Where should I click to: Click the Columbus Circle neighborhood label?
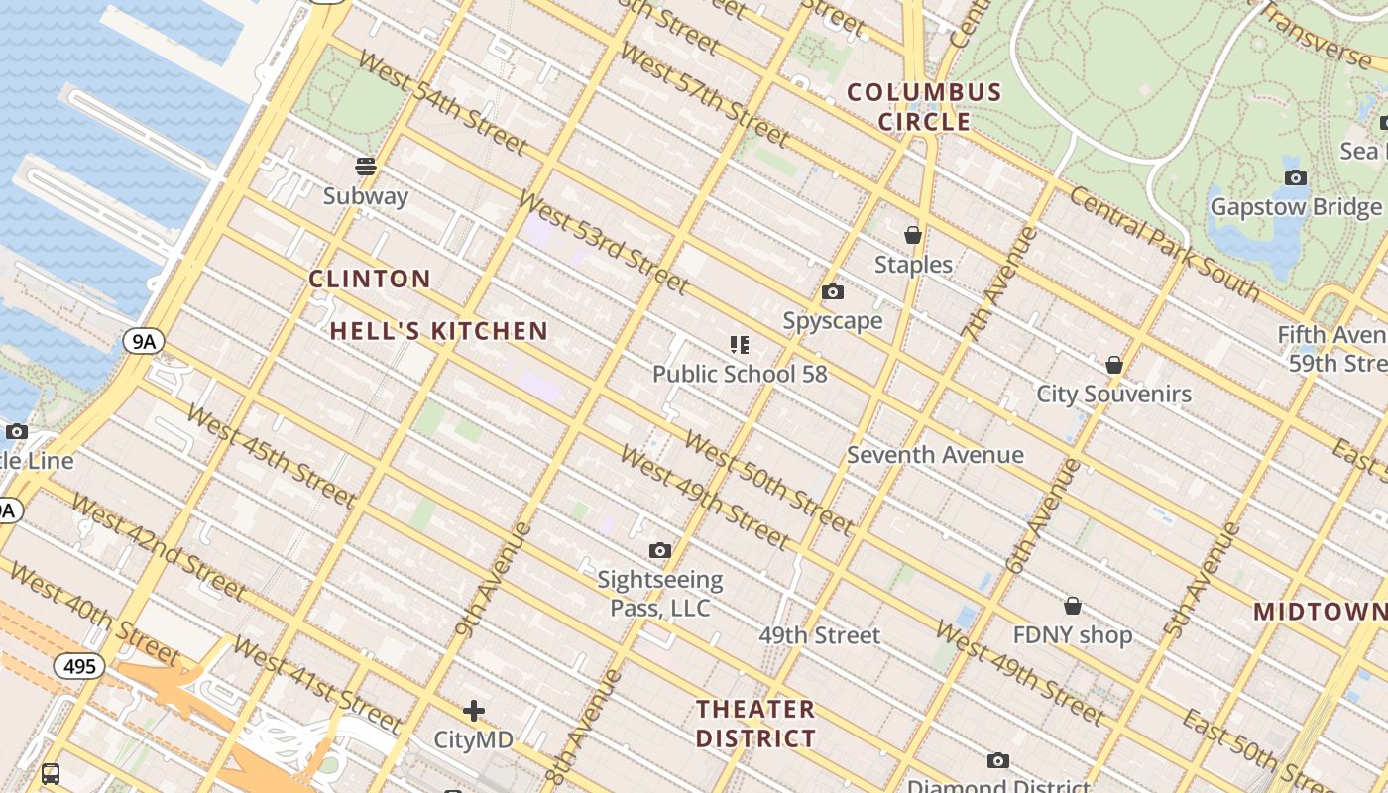(x=924, y=107)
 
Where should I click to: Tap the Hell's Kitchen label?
(x=438, y=331)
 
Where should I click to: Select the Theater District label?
(x=755, y=724)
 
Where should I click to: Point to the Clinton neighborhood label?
(x=370, y=279)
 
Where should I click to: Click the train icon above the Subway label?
(x=366, y=166)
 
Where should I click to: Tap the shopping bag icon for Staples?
(x=913, y=235)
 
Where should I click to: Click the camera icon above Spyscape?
(x=833, y=291)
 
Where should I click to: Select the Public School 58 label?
(x=740, y=374)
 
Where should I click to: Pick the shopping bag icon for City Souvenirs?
(x=1114, y=365)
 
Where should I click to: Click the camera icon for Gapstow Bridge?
(x=1296, y=177)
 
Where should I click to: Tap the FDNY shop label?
(x=1073, y=634)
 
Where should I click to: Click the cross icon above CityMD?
(x=474, y=710)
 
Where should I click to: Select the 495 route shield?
(x=79, y=666)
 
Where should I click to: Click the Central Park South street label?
(x=1164, y=243)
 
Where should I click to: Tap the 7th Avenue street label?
(x=999, y=284)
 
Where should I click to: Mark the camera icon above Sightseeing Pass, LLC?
(x=660, y=550)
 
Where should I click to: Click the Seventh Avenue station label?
(x=935, y=455)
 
